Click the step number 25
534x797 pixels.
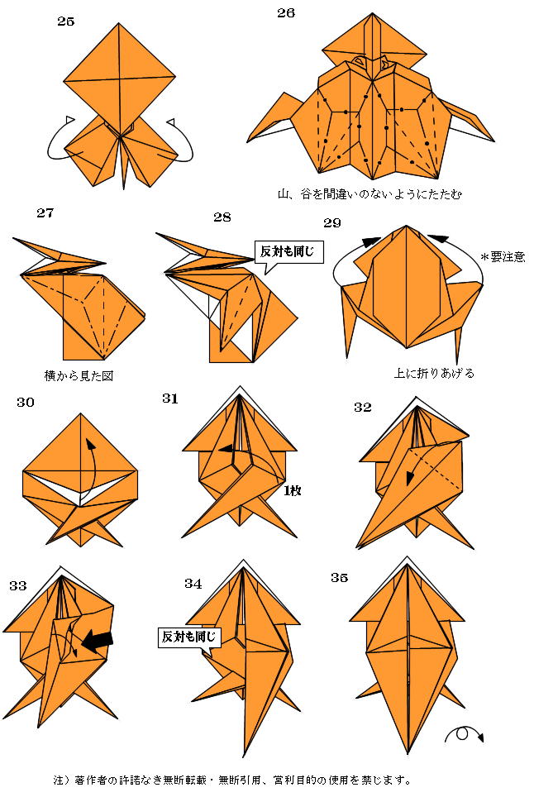65,21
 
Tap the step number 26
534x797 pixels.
286,12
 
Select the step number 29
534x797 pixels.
332,222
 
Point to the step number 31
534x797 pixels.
170,398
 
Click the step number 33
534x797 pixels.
18,585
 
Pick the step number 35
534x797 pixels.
340,577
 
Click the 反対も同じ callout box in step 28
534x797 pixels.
288,251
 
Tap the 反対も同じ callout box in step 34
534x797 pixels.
189,637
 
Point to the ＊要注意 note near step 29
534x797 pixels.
503,256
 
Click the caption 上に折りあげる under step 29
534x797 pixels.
435,373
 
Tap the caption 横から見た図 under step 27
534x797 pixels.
79,375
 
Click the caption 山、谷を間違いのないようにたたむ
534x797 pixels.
370,193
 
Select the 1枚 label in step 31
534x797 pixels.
293,490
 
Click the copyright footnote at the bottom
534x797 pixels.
231,780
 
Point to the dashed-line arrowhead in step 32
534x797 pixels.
409,480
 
